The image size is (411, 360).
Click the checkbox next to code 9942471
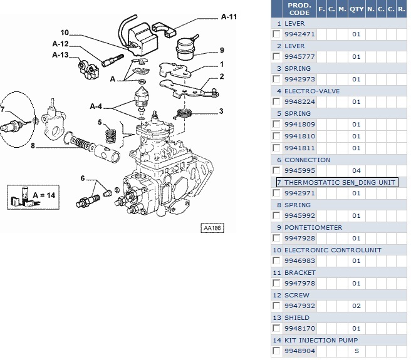point(276,34)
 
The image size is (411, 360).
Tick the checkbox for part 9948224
point(276,102)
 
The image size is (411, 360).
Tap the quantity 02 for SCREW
point(356,306)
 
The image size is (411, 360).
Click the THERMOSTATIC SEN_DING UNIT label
point(340,182)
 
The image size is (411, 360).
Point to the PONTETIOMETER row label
point(313,227)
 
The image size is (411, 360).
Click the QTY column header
point(356,9)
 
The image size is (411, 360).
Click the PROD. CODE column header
point(299,8)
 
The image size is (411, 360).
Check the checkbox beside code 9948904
point(276,351)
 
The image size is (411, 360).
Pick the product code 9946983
point(299,261)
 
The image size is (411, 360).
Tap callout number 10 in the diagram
point(65,33)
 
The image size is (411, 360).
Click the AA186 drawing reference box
point(212,228)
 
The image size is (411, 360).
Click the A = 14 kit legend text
point(44,195)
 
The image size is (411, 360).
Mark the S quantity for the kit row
point(356,351)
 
